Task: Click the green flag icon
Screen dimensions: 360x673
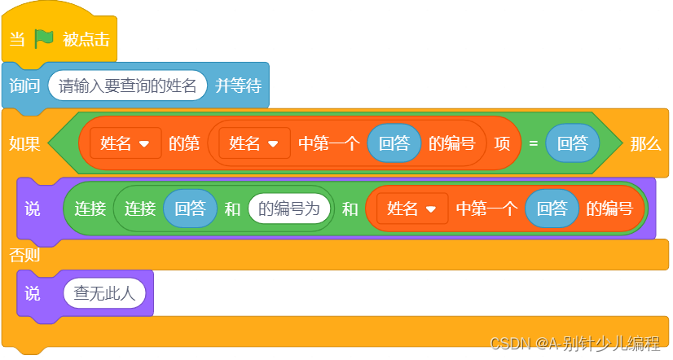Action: click(44, 39)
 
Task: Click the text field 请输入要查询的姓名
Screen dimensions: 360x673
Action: click(128, 86)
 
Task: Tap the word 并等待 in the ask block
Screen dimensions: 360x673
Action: click(237, 86)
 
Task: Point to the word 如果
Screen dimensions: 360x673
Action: click(24, 144)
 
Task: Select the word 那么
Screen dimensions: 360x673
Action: click(644, 144)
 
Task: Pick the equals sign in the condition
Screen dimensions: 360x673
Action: click(533, 144)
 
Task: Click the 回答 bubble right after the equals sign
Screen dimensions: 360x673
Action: click(572, 144)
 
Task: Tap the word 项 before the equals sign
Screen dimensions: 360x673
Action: click(503, 144)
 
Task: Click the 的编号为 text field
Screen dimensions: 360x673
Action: click(289, 209)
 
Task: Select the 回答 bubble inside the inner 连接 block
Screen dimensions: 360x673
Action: click(190, 209)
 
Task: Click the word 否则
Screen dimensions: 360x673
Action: click(24, 255)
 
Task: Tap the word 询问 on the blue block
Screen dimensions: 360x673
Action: click(24, 86)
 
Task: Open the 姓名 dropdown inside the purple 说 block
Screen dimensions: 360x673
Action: click(411, 209)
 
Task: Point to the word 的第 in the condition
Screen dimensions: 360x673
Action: click(184, 144)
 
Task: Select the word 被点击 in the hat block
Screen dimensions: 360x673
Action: click(86, 39)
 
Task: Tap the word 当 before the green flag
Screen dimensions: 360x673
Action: click(17, 39)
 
